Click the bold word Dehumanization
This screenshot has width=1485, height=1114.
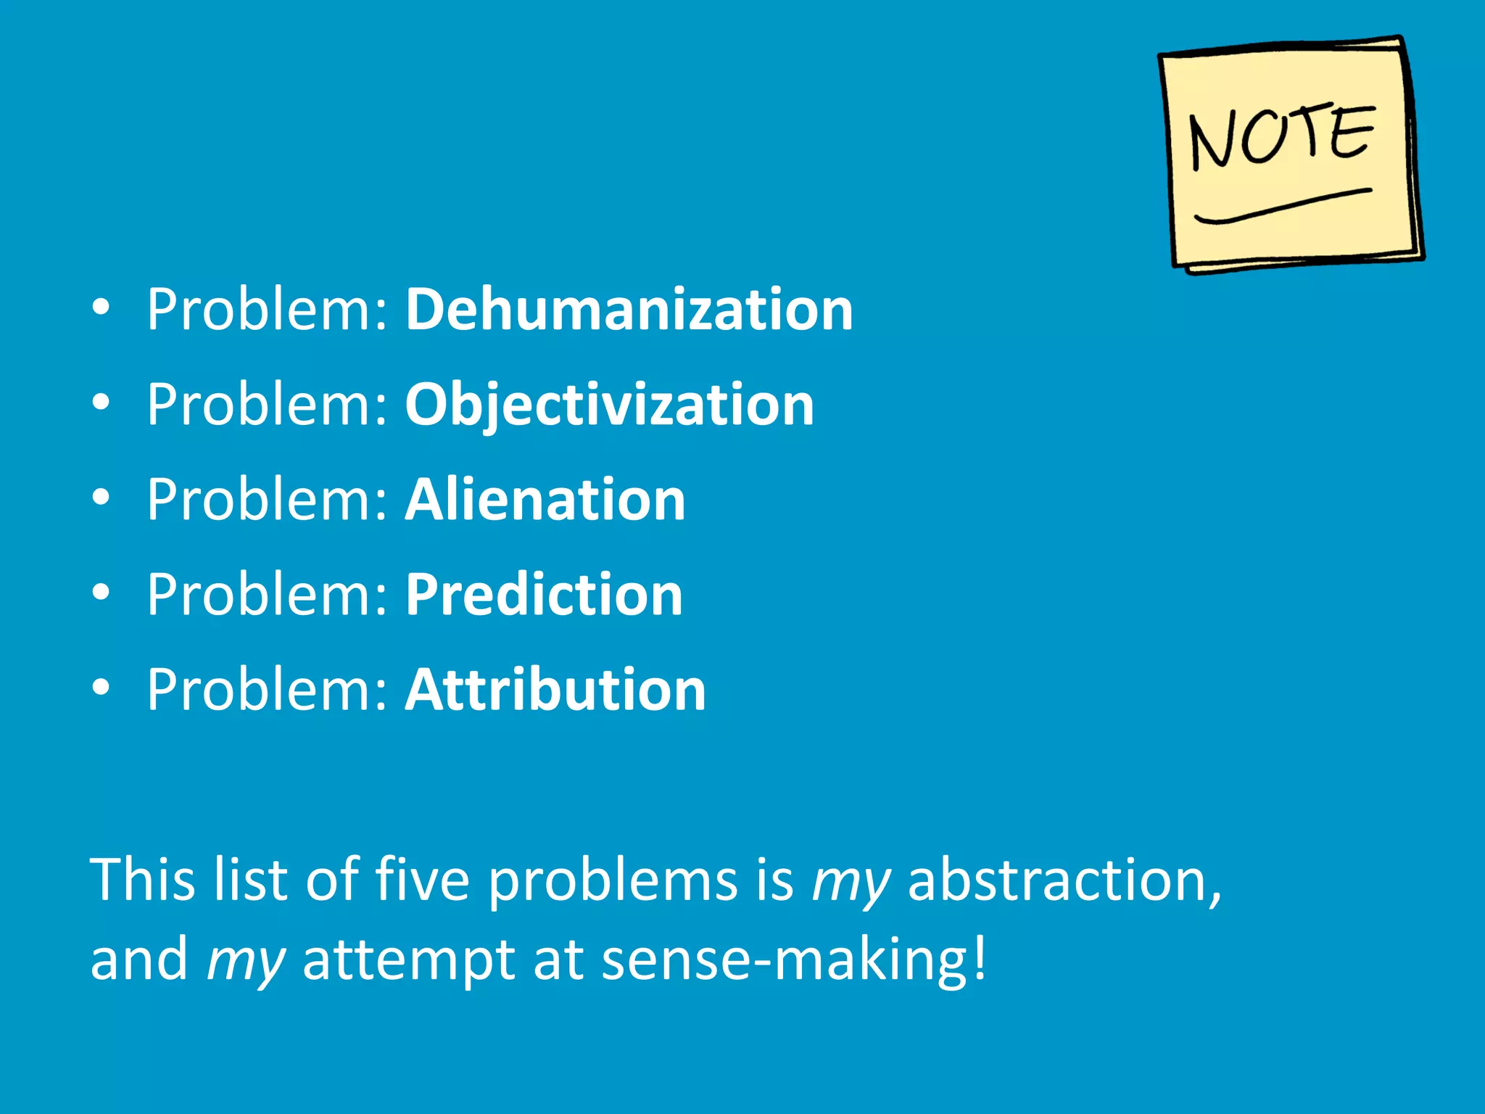(629, 310)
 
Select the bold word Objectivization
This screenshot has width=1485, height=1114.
(609, 405)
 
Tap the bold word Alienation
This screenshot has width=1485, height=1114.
(545, 500)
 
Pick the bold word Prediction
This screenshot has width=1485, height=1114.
(544, 595)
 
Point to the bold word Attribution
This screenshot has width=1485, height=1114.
(555, 690)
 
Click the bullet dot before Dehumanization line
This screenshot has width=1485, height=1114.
(102, 308)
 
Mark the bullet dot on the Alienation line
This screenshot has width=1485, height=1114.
(102, 498)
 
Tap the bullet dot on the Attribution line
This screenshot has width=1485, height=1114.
(102, 688)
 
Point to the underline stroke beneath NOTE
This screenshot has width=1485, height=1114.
(1282, 206)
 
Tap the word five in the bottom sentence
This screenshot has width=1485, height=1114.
(422, 879)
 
